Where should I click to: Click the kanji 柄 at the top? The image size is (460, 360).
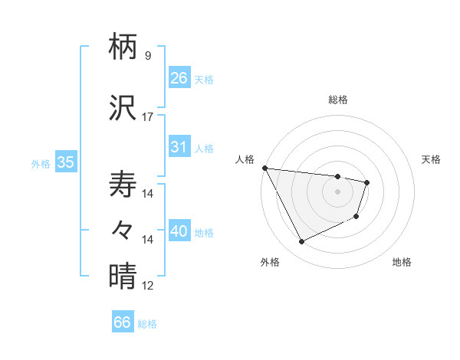123,48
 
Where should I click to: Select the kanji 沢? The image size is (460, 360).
123,110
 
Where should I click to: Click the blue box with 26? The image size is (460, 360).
179,78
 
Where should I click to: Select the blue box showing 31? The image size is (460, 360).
179,147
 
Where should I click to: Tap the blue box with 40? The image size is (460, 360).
179,231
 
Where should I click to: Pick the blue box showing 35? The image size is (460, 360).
65,162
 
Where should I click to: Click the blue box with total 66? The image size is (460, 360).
123,322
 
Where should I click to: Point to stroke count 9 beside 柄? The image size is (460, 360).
147,56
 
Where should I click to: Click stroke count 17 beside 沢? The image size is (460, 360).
147,117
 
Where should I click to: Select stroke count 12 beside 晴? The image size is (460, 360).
147,286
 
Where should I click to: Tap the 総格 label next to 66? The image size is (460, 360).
147,324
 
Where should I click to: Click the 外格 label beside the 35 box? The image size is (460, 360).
41,163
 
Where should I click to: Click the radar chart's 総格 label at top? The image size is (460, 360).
338,100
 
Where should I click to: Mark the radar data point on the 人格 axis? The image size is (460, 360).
264,168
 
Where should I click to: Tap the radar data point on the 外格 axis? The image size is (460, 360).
301,242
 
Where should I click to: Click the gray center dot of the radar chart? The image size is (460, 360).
338,191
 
